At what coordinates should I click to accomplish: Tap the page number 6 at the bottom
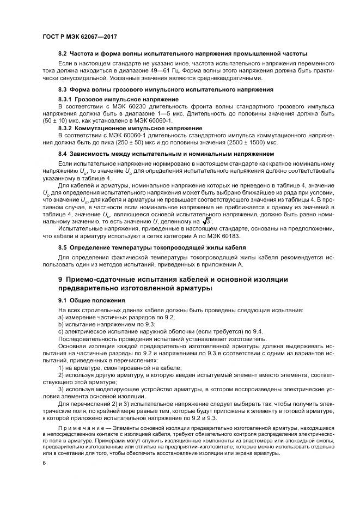(43, 462)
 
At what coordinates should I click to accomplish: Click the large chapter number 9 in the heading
(61, 279)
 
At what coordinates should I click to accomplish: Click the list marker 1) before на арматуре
(61, 368)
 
